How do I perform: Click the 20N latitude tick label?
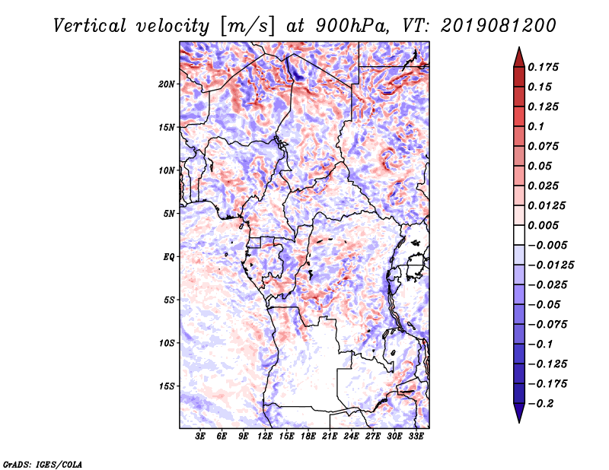click(167, 84)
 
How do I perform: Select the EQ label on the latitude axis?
click(169, 257)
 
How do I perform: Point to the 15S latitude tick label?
click(167, 386)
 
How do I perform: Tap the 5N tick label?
click(169, 214)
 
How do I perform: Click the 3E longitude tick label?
click(200, 436)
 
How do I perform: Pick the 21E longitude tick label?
click(330, 436)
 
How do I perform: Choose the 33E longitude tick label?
click(416, 436)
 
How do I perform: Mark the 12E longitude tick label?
click(264, 436)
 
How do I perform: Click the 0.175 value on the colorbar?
click(543, 67)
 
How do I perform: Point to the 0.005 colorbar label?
click(543, 225)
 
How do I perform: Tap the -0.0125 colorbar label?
click(550, 265)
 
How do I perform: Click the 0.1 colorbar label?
click(536, 126)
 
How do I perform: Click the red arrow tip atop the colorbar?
click(519, 47)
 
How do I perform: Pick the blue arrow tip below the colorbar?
click(519, 422)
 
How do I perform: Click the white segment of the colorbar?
click(519, 235)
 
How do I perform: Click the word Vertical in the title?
click(90, 26)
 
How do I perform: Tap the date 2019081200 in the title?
click(499, 26)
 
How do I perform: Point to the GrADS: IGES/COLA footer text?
click(43, 465)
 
